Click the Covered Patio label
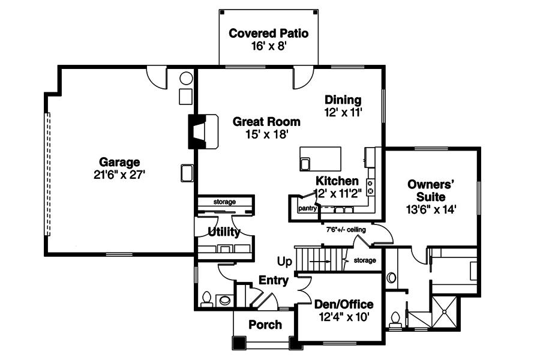269,33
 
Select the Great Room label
266,122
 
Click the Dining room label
343,100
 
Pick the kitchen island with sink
320,159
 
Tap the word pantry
307,208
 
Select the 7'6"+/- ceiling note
346,229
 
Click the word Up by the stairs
284,262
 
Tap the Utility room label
224,232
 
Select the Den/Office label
344,305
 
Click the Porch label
265,325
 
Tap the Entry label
274,280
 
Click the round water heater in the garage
186,78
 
